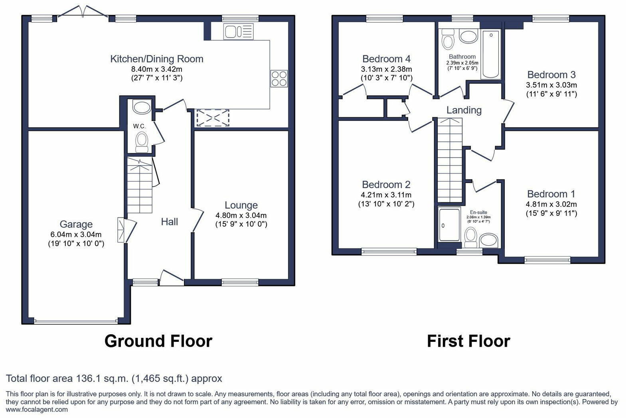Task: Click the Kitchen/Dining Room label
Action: (156, 59)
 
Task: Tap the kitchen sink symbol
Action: (238, 32)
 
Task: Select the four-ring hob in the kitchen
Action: (279, 78)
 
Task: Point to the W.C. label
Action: (139, 126)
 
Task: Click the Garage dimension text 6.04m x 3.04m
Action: (76, 234)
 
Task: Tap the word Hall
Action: (169, 222)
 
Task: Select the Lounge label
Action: (241, 205)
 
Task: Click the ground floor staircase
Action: (140, 185)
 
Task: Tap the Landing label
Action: (464, 110)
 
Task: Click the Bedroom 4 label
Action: (386, 59)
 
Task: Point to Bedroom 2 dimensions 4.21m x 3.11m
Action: (386, 195)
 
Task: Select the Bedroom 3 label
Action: (551, 75)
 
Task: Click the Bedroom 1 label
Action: (551, 194)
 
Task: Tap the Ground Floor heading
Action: (158, 341)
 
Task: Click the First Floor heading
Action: (468, 341)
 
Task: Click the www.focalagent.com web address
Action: (37, 409)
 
